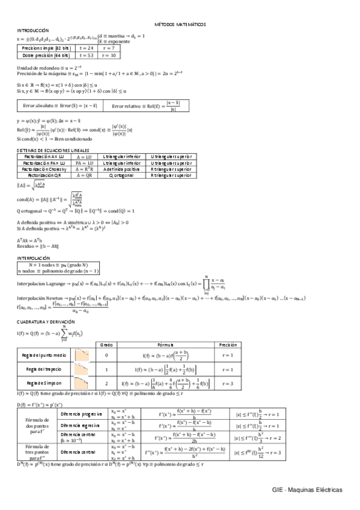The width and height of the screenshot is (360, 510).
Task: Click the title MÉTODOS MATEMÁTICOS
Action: [x=180, y=25]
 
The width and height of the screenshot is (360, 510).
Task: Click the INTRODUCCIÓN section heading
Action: [x=33, y=31]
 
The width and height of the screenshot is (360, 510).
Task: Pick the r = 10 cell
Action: [x=108, y=55]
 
